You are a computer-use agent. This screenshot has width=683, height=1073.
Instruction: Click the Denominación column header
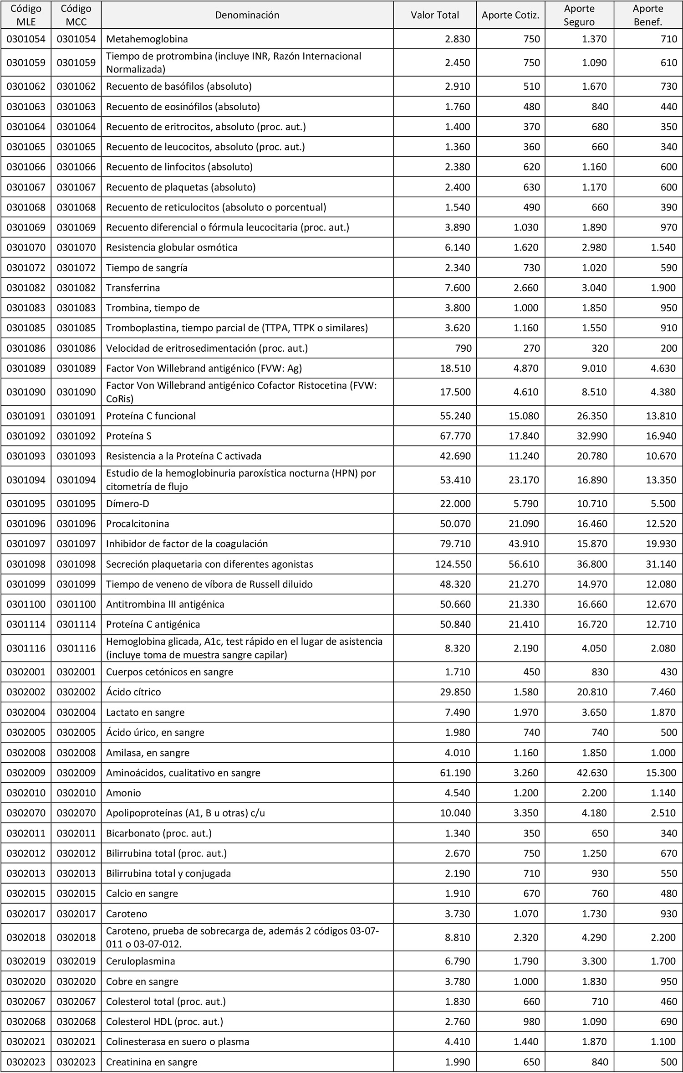click(247, 15)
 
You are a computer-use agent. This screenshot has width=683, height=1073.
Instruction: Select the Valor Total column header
click(435, 15)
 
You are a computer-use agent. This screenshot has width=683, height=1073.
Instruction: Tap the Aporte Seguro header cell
click(579, 15)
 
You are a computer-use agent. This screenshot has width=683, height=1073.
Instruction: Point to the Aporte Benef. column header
click(647, 15)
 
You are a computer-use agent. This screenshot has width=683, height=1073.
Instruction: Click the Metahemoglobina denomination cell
click(147, 39)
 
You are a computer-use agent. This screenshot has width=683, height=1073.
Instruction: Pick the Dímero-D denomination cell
click(127, 504)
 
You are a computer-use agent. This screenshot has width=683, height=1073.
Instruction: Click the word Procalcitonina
click(138, 524)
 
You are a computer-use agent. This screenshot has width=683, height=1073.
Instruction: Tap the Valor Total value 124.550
click(453, 564)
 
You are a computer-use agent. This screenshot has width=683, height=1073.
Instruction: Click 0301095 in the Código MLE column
click(26, 504)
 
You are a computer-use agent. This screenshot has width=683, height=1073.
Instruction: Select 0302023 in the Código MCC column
click(76, 1062)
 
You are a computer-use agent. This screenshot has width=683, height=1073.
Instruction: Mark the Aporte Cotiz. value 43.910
click(524, 544)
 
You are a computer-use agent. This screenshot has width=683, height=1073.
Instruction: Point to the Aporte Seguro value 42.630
click(592, 773)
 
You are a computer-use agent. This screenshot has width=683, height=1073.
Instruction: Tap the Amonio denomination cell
click(123, 793)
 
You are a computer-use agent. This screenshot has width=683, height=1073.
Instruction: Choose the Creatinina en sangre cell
click(152, 1062)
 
